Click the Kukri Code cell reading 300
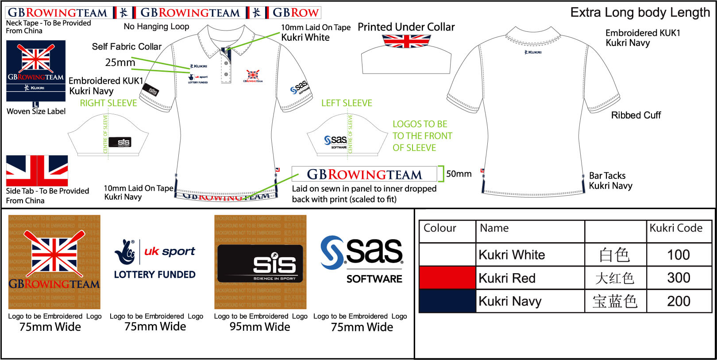pos(678,278)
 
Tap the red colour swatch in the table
pos(447,278)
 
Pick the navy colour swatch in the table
pos(447,301)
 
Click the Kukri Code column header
pos(676,228)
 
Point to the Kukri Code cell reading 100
pos(678,255)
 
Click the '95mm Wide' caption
pos(260,327)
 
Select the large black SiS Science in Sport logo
pos(260,264)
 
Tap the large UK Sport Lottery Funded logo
pos(155,259)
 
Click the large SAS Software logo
pos(362,259)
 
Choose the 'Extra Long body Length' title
pos(640,12)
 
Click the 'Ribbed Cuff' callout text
pos(636,115)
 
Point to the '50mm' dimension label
pos(459,174)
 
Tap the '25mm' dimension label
pos(120,62)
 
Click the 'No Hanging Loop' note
pos(156,27)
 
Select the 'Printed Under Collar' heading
pos(406,27)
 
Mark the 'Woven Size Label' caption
pos(36,112)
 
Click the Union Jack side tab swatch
pos(37,170)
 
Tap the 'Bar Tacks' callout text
pos(607,176)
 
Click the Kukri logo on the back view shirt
pos(533,52)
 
